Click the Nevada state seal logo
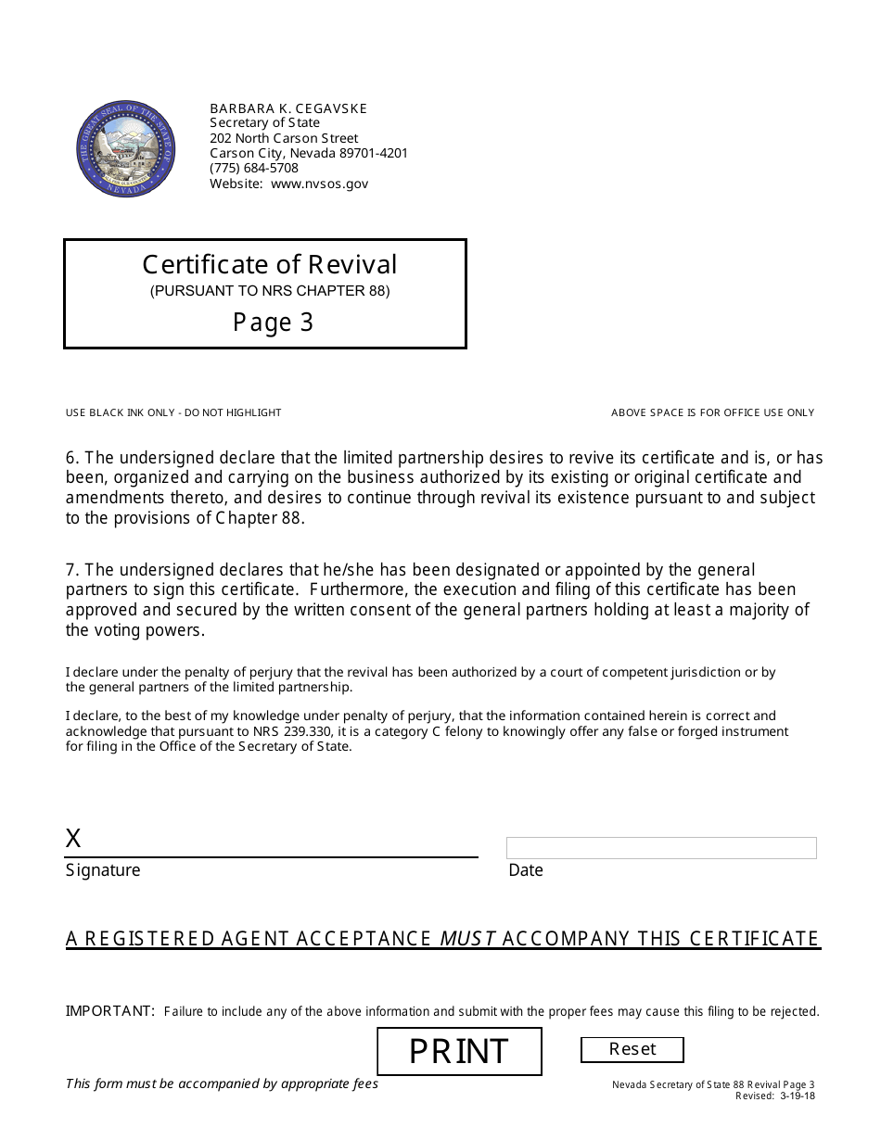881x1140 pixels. [124, 150]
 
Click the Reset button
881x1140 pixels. [632, 1049]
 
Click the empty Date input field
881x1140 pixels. [661, 847]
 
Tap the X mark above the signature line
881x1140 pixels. [73, 839]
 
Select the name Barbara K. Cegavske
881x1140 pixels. [288, 108]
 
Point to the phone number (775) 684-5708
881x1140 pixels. [254, 168]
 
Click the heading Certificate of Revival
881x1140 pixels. [269, 265]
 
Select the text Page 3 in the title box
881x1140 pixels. [273, 323]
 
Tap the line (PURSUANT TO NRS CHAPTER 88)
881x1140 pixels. [270, 291]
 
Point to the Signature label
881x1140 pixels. [103, 870]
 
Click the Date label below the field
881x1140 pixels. [526, 870]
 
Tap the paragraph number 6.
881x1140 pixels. [71, 457]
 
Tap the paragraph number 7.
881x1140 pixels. [71, 569]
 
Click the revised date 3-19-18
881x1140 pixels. [797, 1096]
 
